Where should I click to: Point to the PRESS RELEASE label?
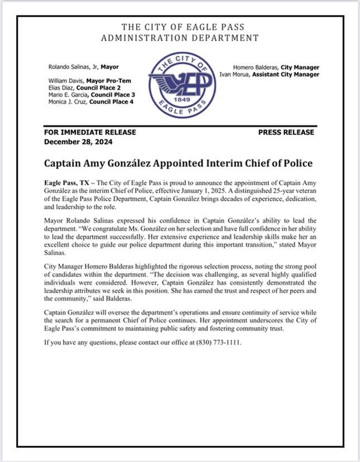(286, 133)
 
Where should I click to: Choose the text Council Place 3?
(113, 95)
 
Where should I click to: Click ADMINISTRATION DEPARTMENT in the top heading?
(180, 38)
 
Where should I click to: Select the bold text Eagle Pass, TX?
(63, 183)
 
